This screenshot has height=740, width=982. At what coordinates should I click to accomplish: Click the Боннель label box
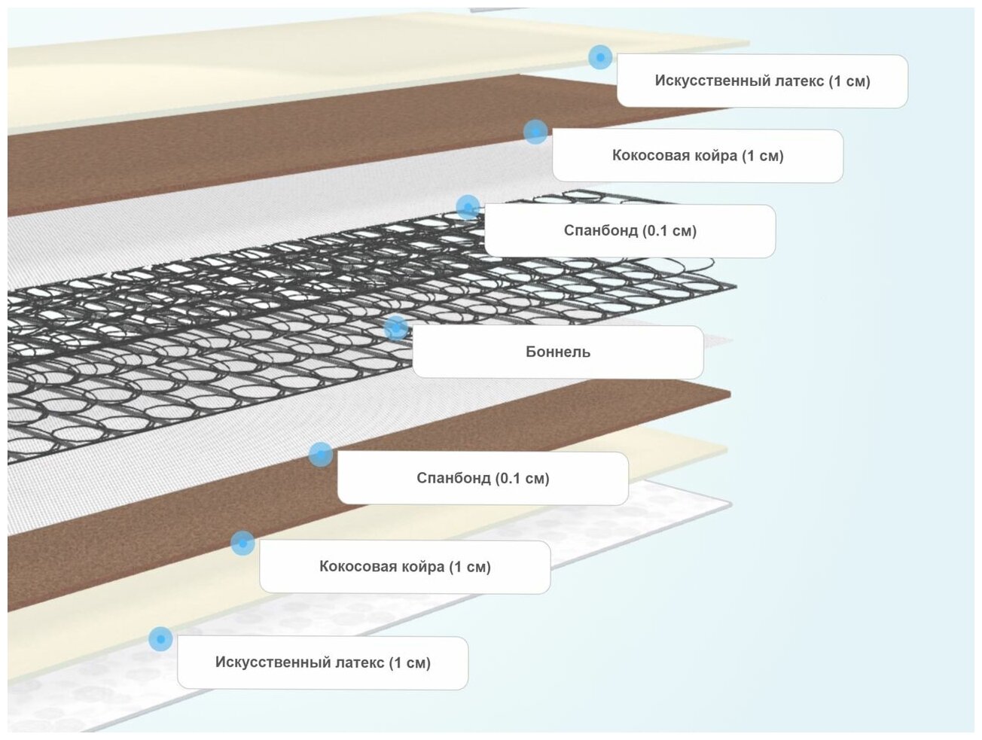coord(557,352)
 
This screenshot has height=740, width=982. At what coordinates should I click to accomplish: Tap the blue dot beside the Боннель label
coord(395,328)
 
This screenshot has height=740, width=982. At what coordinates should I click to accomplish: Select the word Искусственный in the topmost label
coord(701,81)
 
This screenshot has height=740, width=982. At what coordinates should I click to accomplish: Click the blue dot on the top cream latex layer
coord(599,57)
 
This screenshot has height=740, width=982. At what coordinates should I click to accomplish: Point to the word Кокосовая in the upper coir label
coord(648,156)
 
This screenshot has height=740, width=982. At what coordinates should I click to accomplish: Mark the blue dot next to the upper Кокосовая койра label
coord(535,132)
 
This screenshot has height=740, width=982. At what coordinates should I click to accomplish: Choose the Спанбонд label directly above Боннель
coord(630,230)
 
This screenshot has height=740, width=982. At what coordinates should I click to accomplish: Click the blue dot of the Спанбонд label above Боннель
coord(467,207)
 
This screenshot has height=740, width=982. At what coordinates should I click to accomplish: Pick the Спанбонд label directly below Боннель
coord(483,478)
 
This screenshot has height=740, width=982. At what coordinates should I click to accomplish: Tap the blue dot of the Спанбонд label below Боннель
coord(320,454)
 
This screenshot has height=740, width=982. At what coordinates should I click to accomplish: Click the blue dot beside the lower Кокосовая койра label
coord(242,543)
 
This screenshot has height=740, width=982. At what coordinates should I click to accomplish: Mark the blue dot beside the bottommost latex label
coord(160,639)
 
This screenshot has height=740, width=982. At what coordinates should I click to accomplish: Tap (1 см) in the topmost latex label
coord(849,81)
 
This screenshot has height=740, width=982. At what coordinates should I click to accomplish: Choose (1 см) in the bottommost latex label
coord(410,662)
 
